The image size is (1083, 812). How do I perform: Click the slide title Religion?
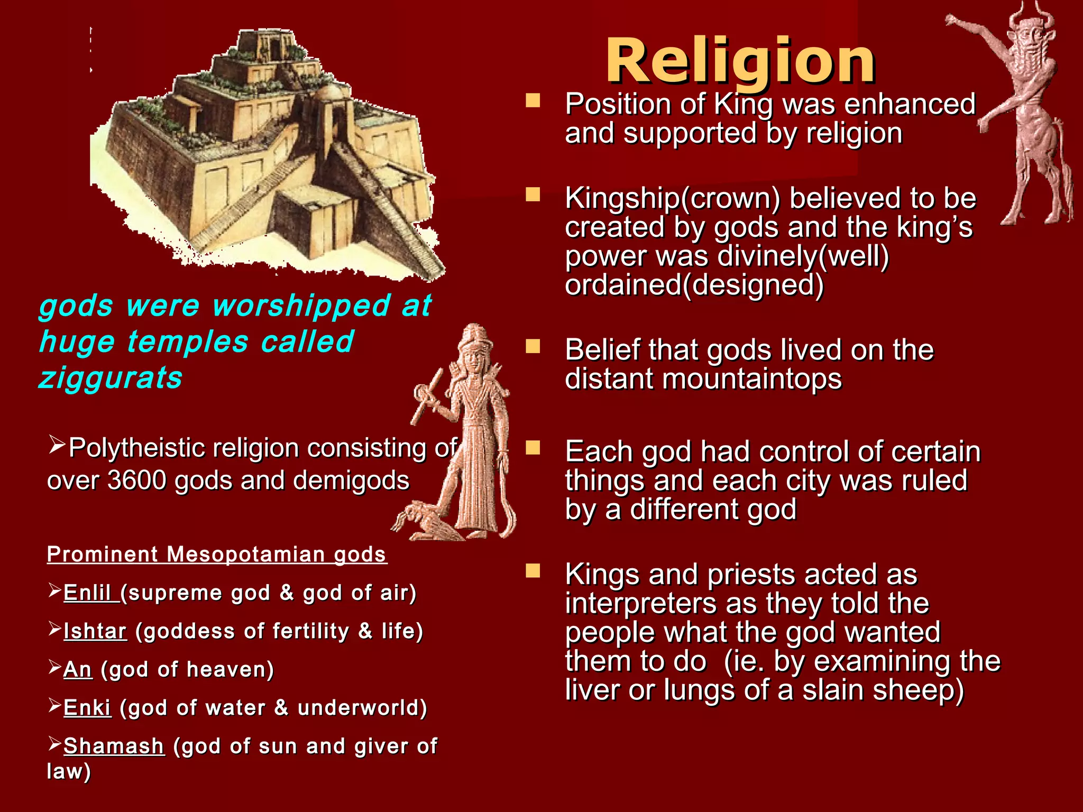click(740, 62)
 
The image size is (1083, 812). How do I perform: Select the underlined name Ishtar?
click(95, 631)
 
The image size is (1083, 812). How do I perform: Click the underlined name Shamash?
click(114, 746)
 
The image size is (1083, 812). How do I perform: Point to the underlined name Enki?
click(87, 708)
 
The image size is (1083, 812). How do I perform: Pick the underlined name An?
click(78, 670)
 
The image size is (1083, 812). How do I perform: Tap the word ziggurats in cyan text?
click(111, 378)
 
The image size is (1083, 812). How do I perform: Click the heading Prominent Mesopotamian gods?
click(217, 555)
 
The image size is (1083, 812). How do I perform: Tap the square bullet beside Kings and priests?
click(533, 571)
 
